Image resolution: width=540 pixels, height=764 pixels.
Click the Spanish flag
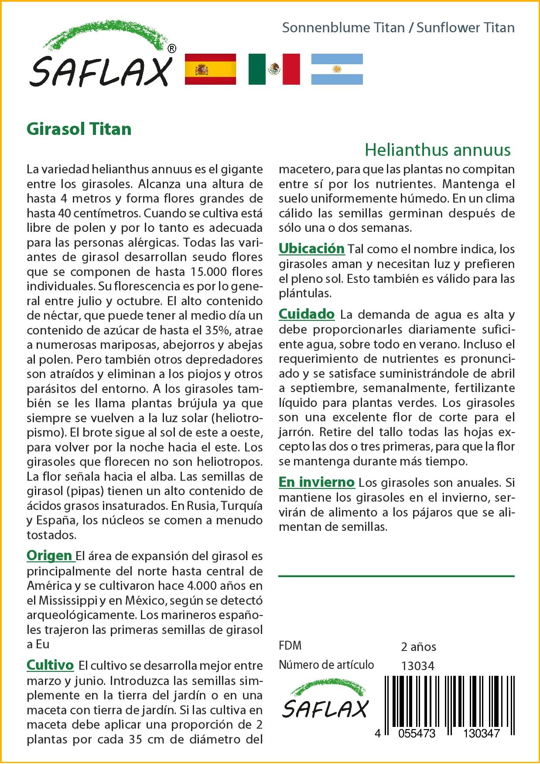pos(211,69)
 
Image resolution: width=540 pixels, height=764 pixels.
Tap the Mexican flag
pos(274,69)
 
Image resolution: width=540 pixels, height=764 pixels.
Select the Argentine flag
pos(337,69)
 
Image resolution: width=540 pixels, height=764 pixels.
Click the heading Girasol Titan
pos(79,129)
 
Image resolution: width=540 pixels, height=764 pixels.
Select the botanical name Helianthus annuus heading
pos(437,150)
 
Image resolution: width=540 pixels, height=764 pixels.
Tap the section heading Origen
pos(49,555)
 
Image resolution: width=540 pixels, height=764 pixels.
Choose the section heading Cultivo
pos(50,665)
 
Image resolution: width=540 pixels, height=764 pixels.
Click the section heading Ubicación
pos(311,248)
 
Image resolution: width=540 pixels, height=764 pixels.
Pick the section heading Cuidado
pos(307,314)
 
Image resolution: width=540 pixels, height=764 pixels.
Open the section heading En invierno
pos(317,482)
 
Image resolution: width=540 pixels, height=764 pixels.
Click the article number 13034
pos(417,666)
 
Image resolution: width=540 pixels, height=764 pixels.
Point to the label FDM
pos(290,646)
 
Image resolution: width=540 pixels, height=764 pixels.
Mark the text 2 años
pos(418,647)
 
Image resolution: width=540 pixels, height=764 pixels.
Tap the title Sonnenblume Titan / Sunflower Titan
pos(398,28)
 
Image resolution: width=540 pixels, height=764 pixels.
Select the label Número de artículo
pos(326,665)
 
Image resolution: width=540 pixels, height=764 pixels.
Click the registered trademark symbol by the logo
pos(172,49)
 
